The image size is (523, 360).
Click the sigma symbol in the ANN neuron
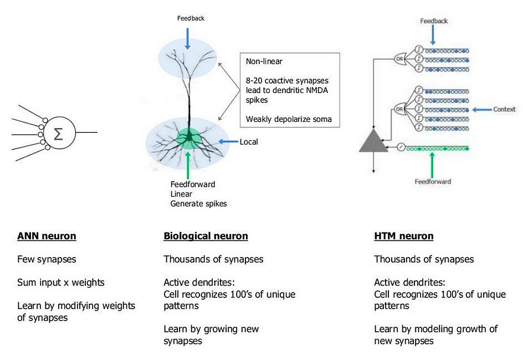[58, 133]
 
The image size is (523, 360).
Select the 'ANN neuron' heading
[47, 236]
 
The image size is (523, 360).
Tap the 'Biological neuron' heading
[206, 236]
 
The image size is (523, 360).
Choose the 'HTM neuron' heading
[404, 236]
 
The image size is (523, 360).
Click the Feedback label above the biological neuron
[191, 18]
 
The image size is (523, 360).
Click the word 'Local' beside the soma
[249, 142]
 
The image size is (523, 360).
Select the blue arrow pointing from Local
[228, 142]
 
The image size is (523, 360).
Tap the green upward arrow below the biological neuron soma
[189, 164]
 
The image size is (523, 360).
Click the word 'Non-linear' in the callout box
[264, 62]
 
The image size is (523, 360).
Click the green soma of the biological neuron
[189, 137]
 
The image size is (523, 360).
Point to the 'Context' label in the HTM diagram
[504, 110]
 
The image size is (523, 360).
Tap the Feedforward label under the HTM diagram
[433, 182]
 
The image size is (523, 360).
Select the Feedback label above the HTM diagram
[434, 21]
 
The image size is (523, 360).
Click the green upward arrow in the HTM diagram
[433, 163]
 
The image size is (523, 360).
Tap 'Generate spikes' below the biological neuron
[198, 204]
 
